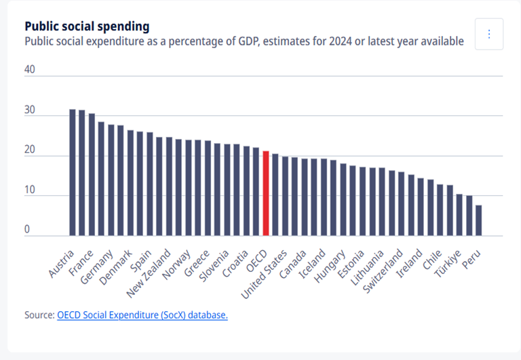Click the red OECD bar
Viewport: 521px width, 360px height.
click(x=266, y=193)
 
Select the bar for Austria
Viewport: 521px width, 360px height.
click(x=73, y=172)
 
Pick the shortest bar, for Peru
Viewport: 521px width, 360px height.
click(x=479, y=220)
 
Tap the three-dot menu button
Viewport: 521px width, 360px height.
click(x=489, y=34)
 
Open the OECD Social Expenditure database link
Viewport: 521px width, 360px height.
click(x=142, y=315)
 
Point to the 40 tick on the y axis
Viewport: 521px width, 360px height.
click(x=30, y=70)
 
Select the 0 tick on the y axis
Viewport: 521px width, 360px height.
click(x=28, y=230)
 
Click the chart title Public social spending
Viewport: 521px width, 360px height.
click(x=87, y=26)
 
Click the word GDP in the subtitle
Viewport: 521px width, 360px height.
click(x=264, y=41)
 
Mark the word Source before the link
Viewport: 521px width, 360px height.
click(x=38, y=315)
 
